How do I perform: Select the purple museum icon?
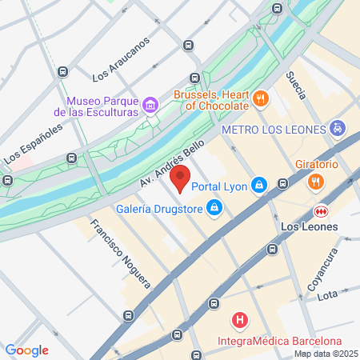pyautogui.click(x=150, y=106)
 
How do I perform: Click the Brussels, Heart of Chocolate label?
pyautogui.click(x=211, y=99)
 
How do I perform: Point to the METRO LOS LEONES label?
pyautogui.click(x=272, y=129)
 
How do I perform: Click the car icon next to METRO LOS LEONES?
pyautogui.click(x=338, y=128)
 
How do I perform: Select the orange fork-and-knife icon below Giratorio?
pyautogui.click(x=317, y=182)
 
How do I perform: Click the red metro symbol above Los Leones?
pyautogui.click(x=320, y=210)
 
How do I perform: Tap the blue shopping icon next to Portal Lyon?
pyautogui.click(x=258, y=186)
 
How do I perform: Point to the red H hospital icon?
pyautogui.click(x=238, y=322)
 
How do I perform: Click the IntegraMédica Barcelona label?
pyautogui.click(x=274, y=343)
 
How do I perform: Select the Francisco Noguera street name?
pyautogui.click(x=120, y=254)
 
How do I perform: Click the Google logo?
pyautogui.click(x=27, y=350)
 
